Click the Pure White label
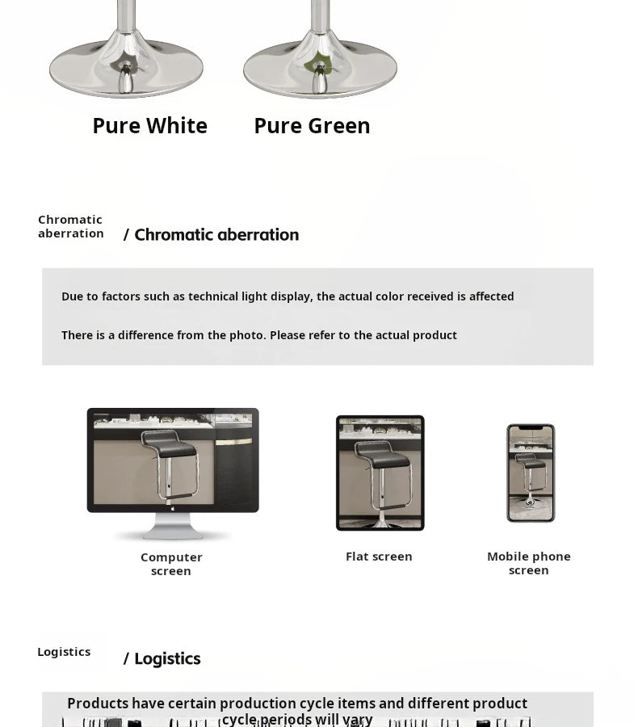pyautogui.click(x=149, y=126)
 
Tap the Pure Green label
pyautogui.click(x=312, y=126)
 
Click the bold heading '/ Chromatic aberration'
pyautogui.click(x=211, y=235)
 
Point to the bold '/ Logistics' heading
pyautogui.click(x=162, y=659)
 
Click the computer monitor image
pyautogui.click(x=173, y=460)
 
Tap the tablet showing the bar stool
pyautogui.click(x=380, y=473)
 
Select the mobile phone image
pyautogui.click(x=531, y=473)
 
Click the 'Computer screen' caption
pyautogui.click(x=171, y=564)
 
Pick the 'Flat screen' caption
pyautogui.click(x=379, y=557)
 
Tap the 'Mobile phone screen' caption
pyautogui.click(x=529, y=563)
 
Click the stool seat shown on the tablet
pyautogui.click(x=382, y=452)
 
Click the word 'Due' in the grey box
pyautogui.click(x=72, y=296)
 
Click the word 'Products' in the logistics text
pyautogui.click(x=98, y=704)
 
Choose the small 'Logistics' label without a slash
pyautogui.click(x=64, y=652)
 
